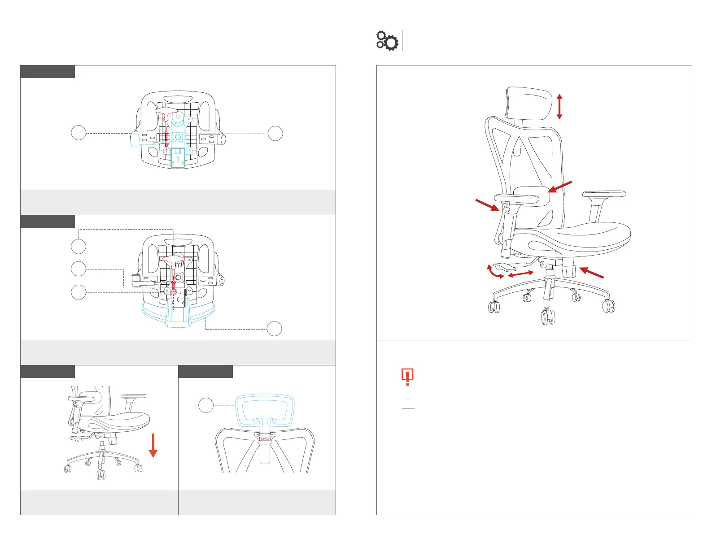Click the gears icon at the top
[387, 40]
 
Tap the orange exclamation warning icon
[407, 377]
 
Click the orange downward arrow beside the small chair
[153, 445]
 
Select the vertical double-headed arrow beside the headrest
[559, 107]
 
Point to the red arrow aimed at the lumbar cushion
[559, 187]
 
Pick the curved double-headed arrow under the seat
[495, 272]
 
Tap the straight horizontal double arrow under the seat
[520, 274]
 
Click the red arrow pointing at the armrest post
[488, 205]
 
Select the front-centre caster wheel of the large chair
[548, 317]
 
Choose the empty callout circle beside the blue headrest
[206, 405]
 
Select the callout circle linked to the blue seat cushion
[275, 329]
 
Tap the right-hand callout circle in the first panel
[275, 133]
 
